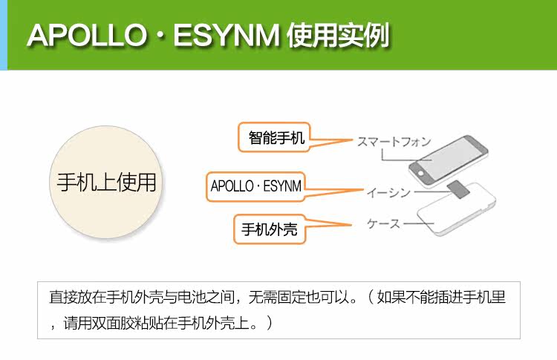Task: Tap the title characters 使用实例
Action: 338,35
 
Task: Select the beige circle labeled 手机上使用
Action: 106,182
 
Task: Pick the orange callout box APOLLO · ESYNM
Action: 256,186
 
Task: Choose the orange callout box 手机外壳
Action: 269,229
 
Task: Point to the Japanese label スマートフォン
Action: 393,141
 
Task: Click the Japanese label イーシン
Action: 388,193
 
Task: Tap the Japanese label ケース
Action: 384,223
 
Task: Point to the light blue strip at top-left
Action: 3,35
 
